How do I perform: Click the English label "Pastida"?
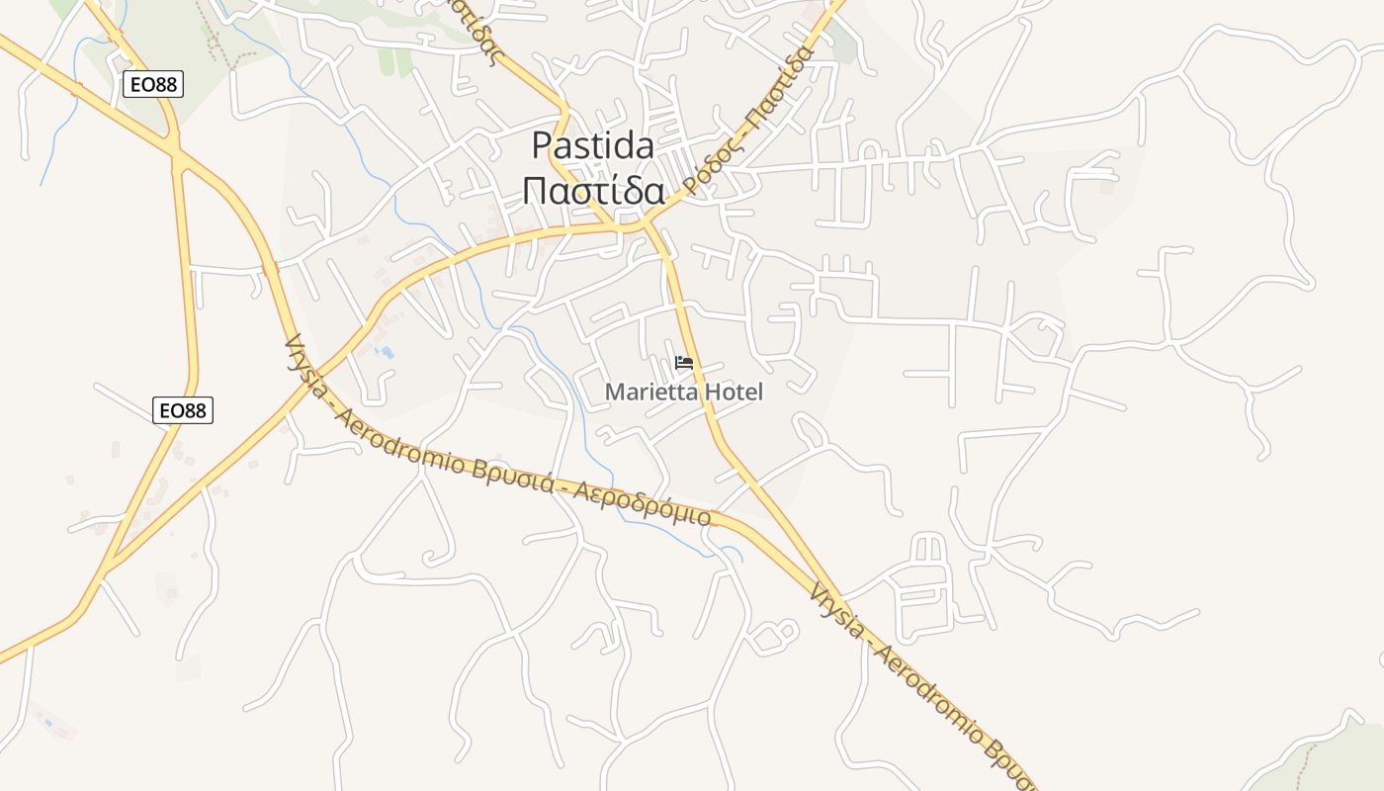point(592,146)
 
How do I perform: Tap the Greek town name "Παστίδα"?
point(592,190)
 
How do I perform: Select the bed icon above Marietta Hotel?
point(683,363)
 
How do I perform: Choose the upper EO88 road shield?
point(153,84)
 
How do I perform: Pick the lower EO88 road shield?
point(183,409)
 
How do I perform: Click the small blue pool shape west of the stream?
point(386,351)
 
